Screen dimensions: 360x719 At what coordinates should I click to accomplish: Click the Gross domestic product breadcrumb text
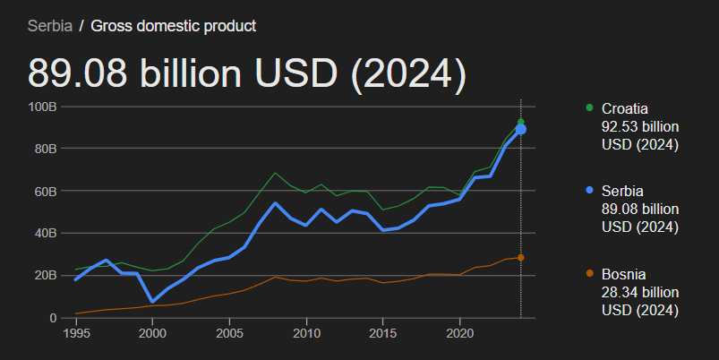pos(173,26)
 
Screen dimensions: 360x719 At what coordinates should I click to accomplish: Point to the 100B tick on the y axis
pos(42,107)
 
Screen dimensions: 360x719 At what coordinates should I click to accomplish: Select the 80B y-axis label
pos(45,149)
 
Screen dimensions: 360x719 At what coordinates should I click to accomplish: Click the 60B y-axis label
pos(45,191)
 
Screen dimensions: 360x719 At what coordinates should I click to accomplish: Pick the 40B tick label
pos(45,233)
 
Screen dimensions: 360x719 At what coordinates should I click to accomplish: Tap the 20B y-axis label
pos(45,275)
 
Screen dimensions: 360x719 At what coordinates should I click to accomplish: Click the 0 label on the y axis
pos(53,317)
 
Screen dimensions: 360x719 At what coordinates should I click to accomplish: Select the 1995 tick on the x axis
pos(75,333)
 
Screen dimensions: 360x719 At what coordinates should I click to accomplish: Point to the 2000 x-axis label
pos(152,333)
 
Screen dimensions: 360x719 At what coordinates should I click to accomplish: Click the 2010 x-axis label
pos(306,333)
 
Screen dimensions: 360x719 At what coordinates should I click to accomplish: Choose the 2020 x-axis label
pos(459,333)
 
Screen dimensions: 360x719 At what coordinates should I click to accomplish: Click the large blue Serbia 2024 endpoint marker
pos(520,130)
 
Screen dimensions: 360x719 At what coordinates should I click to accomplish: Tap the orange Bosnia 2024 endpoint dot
pos(520,258)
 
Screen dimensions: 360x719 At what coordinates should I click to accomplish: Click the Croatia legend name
pos(624,108)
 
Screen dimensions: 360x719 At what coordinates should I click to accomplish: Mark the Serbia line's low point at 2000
pos(152,302)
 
